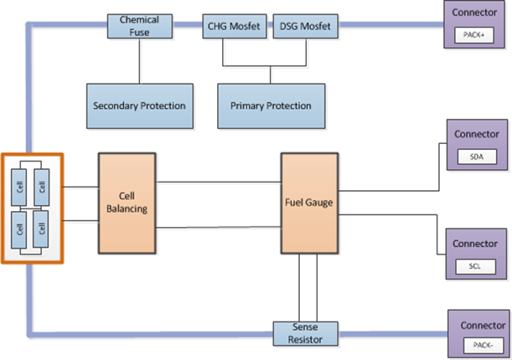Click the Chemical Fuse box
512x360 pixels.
(139, 24)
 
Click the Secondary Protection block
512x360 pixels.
(139, 105)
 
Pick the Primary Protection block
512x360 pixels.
(265, 105)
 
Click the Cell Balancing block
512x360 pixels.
(127, 203)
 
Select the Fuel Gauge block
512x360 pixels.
(311, 203)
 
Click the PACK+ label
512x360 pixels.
(474, 34)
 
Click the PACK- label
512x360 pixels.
(480, 344)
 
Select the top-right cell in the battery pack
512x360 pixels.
(42, 182)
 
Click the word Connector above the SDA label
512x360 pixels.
(476, 134)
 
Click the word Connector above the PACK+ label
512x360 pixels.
(474, 13)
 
